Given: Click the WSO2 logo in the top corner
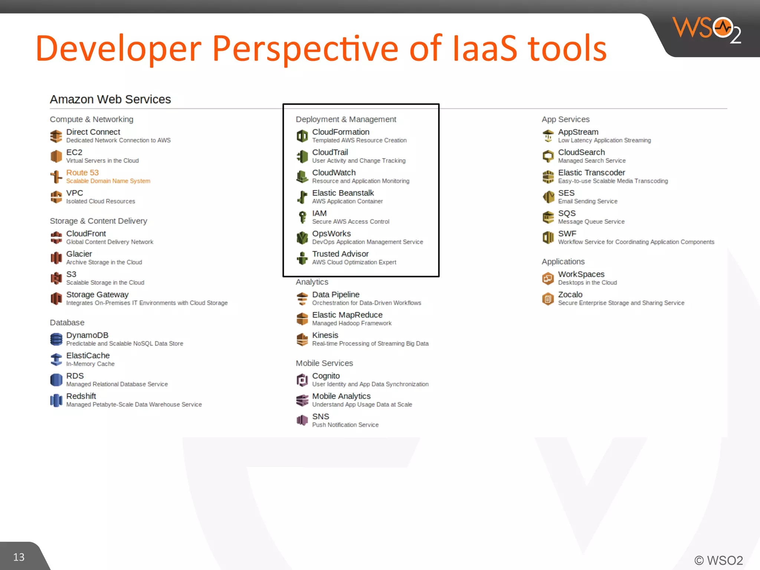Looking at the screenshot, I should [707, 30].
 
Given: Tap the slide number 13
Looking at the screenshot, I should [19, 557].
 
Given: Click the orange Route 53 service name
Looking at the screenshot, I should [82, 173].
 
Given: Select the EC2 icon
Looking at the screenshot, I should [56, 156].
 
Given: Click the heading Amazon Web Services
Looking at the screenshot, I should [110, 99].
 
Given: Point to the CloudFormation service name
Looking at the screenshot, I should [341, 132].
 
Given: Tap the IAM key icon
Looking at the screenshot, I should [302, 217].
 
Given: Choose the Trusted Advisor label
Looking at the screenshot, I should [340, 254].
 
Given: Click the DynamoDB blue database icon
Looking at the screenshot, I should [56, 339].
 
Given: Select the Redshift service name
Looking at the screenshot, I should [81, 396].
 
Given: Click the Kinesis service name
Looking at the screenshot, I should [325, 335].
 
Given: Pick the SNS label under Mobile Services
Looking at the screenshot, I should [321, 416].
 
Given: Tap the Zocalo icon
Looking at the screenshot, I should [548, 298].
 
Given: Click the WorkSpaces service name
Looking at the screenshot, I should [581, 274].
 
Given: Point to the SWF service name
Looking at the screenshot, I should [567, 234].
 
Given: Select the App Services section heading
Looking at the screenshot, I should [565, 119].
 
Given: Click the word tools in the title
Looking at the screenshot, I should [567, 48].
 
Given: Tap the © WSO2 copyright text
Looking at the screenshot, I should [718, 560].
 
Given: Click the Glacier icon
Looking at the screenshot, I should [56, 258].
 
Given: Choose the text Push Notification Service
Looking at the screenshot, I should [345, 425].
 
